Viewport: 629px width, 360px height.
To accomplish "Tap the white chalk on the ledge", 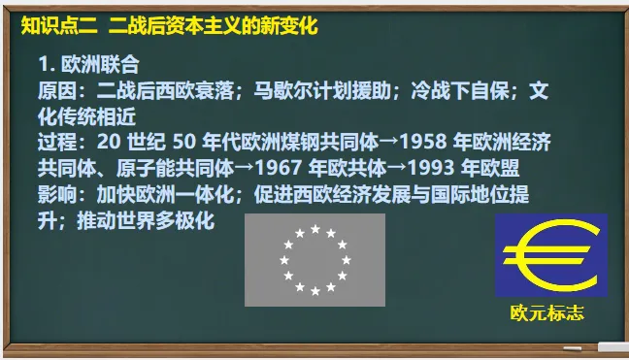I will point(612,346).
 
